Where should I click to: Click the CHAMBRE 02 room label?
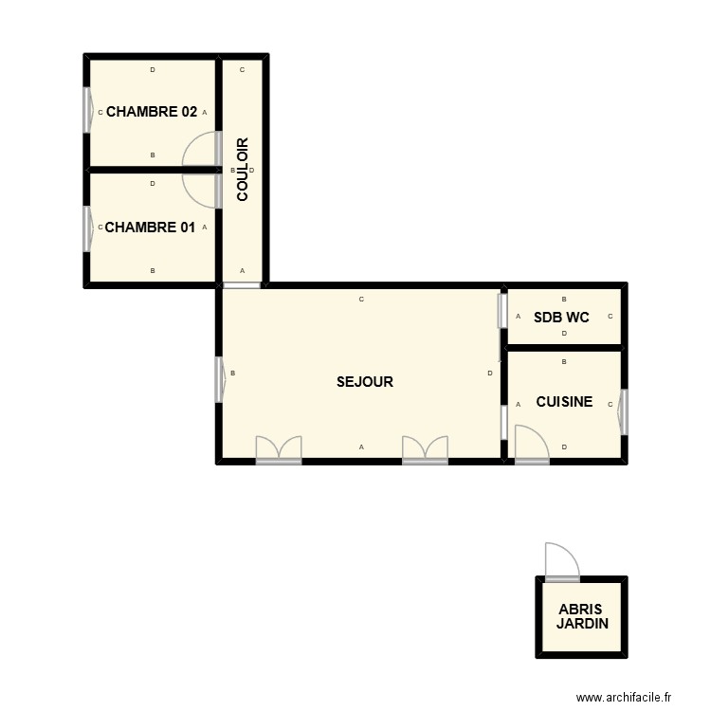click(152, 111)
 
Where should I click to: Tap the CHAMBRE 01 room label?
click(150, 228)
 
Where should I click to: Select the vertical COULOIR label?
click(243, 170)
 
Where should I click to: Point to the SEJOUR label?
click(364, 382)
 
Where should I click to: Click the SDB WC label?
click(561, 318)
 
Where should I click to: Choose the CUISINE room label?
click(564, 402)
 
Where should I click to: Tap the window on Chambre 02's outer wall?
click(88, 112)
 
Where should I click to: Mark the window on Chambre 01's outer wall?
click(88, 228)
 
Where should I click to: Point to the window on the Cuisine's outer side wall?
click(623, 412)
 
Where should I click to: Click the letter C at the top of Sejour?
click(361, 300)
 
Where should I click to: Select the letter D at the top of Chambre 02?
click(153, 70)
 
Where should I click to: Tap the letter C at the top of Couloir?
click(243, 70)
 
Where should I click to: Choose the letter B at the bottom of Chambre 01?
click(153, 271)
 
